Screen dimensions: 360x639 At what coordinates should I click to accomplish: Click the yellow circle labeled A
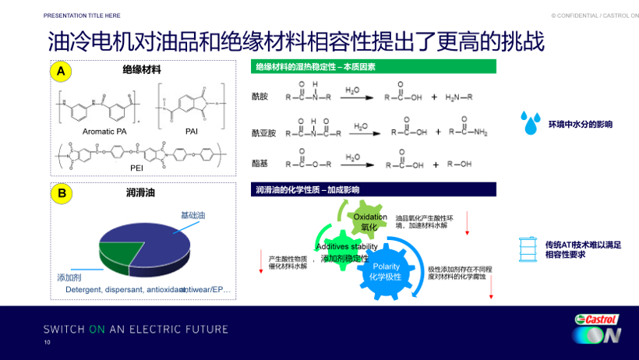coord(60,72)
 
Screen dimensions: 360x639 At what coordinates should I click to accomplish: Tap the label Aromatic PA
coord(104,132)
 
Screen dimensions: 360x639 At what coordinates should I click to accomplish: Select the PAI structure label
coord(191,132)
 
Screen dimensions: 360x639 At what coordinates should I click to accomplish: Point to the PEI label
coord(136,167)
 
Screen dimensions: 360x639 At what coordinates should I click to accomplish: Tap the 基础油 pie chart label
coord(192,214)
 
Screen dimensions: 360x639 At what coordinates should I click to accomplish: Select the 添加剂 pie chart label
coord(69,277)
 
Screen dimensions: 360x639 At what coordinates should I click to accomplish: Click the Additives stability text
coord(346,246)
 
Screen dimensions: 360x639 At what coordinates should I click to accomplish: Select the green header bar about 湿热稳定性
coord(374,67)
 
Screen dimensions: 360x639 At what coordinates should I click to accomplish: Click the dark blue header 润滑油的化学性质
coord(374,189)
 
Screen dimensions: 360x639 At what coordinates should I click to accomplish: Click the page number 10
coord(47,342)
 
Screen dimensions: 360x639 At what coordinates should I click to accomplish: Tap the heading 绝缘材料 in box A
coord(142,70)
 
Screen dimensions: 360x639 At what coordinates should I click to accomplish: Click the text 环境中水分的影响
coord(580,125)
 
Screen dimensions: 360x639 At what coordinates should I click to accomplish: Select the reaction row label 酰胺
coord(259,97)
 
